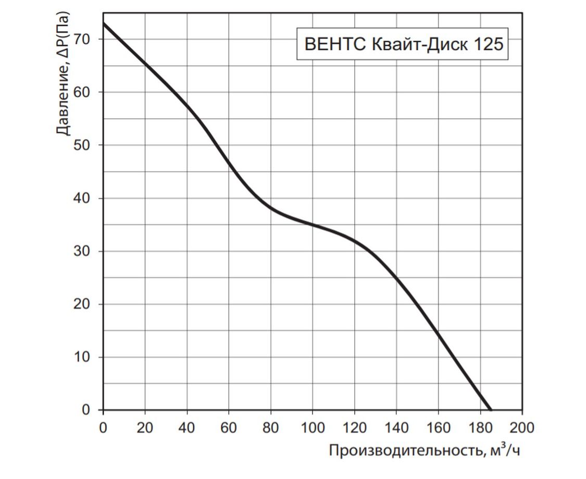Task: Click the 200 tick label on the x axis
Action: [x=522, y=428]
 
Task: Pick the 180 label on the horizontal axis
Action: [x=480, y=428]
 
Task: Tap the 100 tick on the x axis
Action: [x=313, y=428]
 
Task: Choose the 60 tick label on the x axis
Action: [x=229, y=428]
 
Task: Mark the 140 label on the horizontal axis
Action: [x=396, y=428]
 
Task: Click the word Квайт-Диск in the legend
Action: [x=417, y=45]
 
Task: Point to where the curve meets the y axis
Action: [x=103, y=23]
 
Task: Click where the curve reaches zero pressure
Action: [x=490, y=410]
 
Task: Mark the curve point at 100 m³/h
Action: [x=313, y=225]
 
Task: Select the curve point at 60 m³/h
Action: [x=229, y=163]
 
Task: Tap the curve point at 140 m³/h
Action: [x=396, y=278]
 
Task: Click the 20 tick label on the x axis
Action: [x=145, y=428]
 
